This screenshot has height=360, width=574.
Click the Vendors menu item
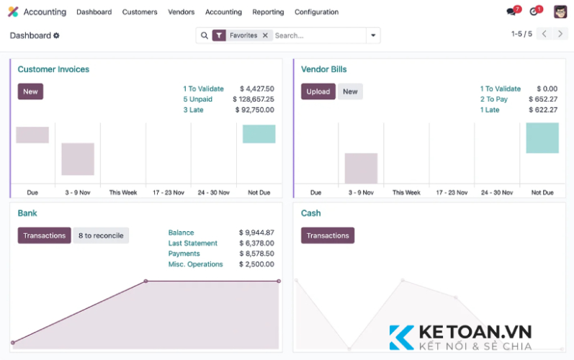pyautogui.click(x=181, y=12)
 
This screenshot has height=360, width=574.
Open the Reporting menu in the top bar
pyautogui.click(x=268, y=12)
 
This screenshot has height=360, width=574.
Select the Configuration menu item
pyautogui.click(x=316, y=12)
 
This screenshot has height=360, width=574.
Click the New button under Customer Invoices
pyautogui.click(x=30, y=91)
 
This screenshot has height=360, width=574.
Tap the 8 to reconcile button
pyautogui.click(x=101, y=235)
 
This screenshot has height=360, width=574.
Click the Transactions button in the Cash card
pyautogui.click(x=328, y=235)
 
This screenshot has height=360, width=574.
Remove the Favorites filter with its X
pyautogui.click(x=265, y=35)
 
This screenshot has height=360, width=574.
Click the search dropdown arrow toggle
pyautogui.click(x=373, y=35)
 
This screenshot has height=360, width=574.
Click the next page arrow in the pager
pyautogui.click(x=560, y=34)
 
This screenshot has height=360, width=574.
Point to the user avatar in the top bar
pyautogui.click(x=560, y=12)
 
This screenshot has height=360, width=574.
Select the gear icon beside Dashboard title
pyautogui.click(x=57, y=35)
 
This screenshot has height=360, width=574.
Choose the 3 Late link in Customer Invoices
pyautogui.click(x=193, y=110)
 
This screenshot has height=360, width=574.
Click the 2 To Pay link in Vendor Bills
pyautogui.click(x=494, y=99)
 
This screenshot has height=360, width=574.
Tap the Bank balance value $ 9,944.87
pyautogui.click(x=256, y=233)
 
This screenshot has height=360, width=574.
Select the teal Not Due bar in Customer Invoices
pyautogui.click(x=259, y=134)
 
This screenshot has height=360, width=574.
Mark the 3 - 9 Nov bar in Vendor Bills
pyautogui.click(x=361, y=168)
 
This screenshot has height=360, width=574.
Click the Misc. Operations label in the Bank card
pyautogui.click(x=196, y=264)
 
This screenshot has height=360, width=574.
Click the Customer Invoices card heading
pyautogui.click(x=53, y=69)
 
